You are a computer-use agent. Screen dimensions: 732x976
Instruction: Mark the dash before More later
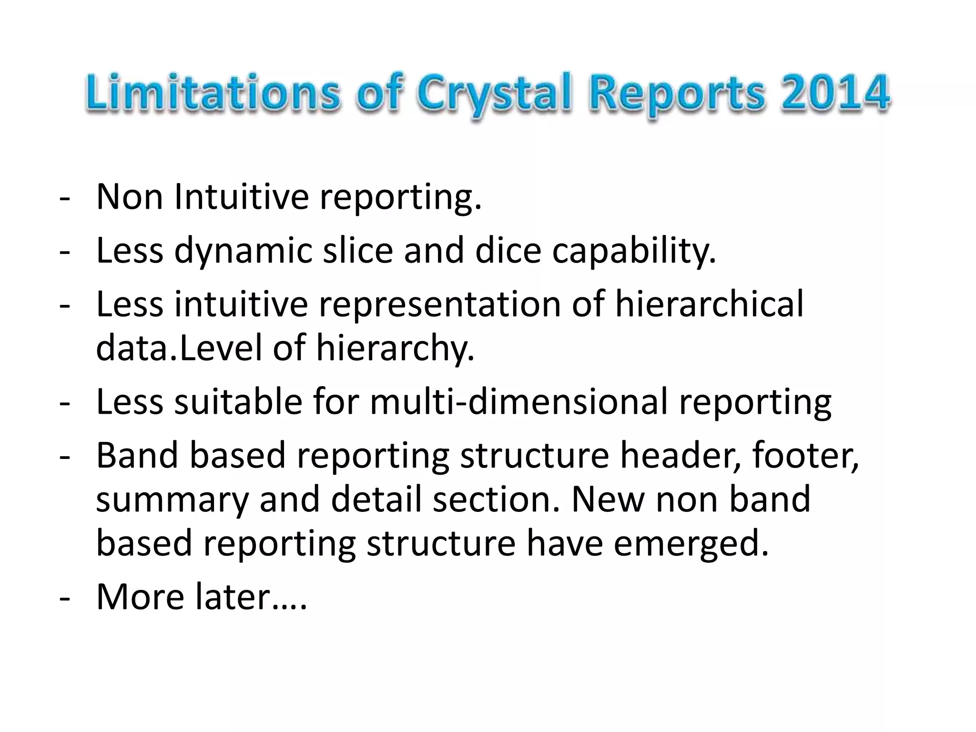65,598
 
